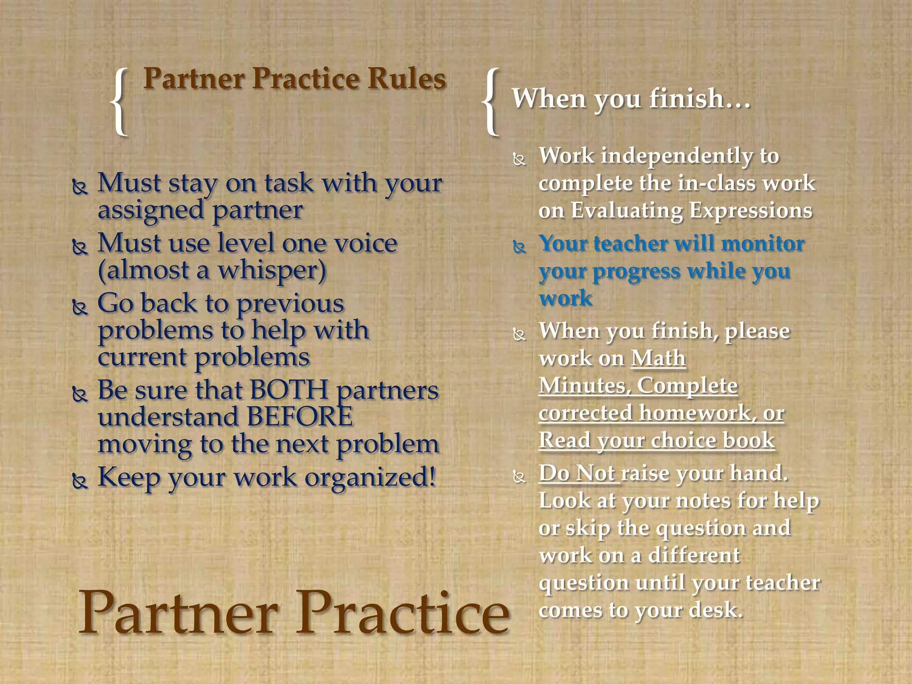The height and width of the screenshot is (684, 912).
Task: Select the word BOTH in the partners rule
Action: coord(289,390)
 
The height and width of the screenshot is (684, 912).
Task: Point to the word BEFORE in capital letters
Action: coord(300,417)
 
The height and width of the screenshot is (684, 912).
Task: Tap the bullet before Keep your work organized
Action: coord(80,480)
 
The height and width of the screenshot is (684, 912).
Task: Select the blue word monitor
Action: coord(762,244)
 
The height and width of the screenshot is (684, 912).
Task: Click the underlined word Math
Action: coord(658,358)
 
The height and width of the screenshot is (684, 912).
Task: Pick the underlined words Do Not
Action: coord(578,473)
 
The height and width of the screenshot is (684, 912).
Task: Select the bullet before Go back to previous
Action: coord(80,307)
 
